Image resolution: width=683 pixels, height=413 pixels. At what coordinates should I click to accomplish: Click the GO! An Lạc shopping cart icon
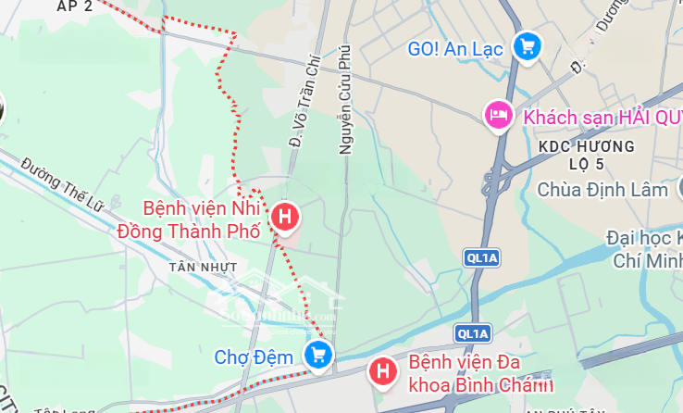528,46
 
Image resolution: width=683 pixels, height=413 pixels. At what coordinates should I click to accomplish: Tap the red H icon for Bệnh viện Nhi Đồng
285,218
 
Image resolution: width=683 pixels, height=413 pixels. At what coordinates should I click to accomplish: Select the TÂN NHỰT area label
204,267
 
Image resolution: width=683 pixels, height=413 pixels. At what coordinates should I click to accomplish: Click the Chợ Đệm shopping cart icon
319,354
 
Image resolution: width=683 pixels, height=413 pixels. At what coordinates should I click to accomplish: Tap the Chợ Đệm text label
254,357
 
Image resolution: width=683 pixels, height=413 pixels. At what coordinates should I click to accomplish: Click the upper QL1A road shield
476,259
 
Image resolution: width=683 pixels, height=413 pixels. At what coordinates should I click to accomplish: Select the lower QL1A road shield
471,333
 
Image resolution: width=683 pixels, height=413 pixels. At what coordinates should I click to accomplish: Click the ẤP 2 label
75,6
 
